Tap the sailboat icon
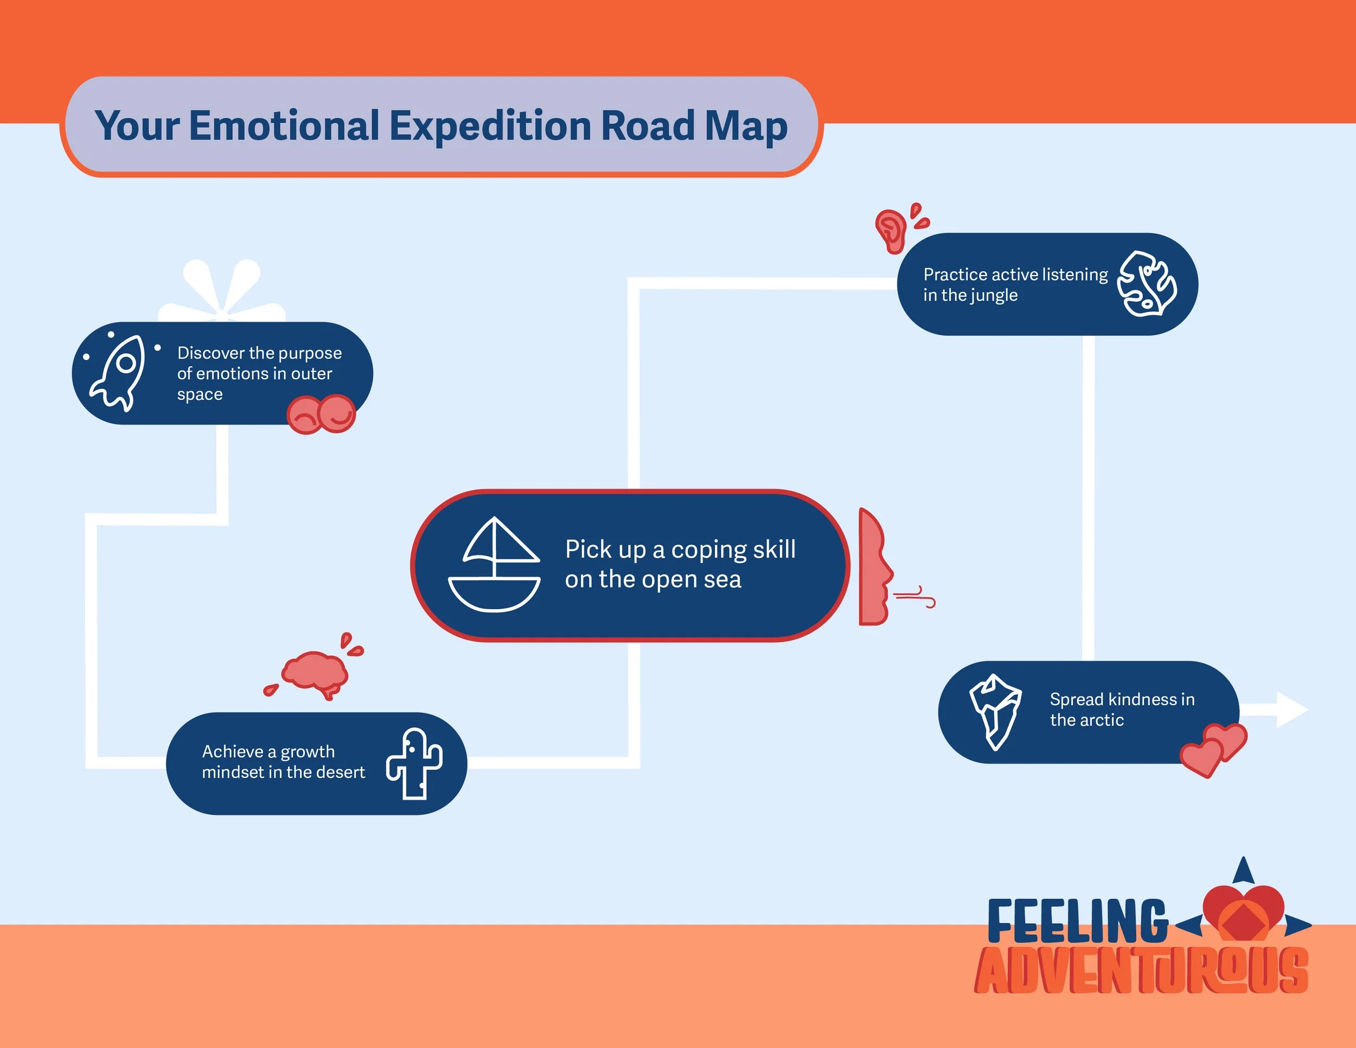pos(494,565)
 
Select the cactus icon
pos(415,764)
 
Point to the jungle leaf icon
pos(1146,284)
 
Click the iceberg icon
pos(995,712)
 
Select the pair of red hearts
pos(1213,749)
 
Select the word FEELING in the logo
pos(1077,921)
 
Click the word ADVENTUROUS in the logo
pos(1141,970)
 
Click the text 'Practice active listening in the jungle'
pos(1015,284)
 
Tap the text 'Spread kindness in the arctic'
pos(1121,710)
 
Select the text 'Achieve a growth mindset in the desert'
pos(283,762)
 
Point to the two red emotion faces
pos(321,414)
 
